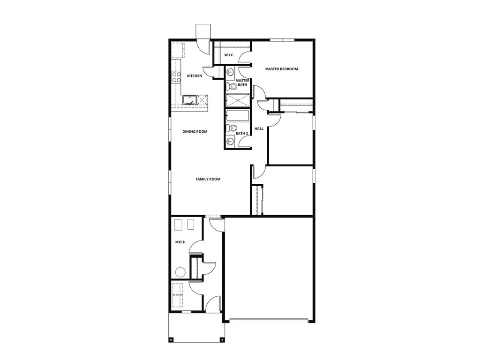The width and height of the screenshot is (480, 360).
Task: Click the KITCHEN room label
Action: tap(195, 76)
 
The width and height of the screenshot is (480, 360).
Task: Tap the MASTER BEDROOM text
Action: tap(281, 69)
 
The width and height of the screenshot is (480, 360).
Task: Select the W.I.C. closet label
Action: tap(229, 55)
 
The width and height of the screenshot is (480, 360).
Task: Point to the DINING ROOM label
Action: tap(195, 132)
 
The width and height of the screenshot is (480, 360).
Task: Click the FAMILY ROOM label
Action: tap(208, 179)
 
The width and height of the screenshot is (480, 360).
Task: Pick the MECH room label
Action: tap(180, 242)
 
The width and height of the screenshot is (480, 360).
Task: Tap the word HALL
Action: tap(259, 128)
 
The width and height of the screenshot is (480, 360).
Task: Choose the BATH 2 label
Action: tap(241, 134)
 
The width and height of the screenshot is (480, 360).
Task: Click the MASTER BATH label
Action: tap(242, 82)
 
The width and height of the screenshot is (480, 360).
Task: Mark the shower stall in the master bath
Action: tap(238, 100)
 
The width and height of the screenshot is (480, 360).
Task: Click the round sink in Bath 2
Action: tap(230, 141)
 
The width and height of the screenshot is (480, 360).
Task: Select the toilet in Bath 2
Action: tap(231, 128)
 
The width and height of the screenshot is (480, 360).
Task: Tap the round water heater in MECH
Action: tap(180, 271)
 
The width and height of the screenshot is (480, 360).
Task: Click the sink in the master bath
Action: tap(230, 72)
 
